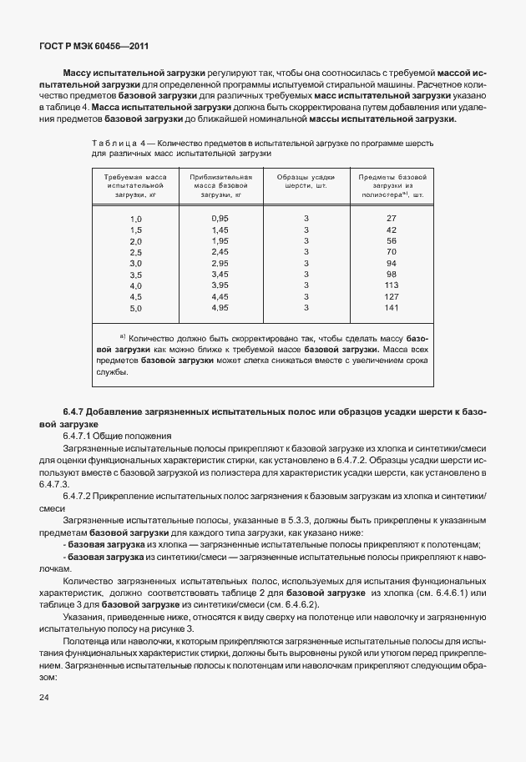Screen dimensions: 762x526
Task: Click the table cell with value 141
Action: click(x=391, y=307)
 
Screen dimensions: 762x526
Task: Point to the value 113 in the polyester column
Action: click(x=391, y=285)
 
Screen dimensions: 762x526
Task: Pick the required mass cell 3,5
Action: click(x=135, y=274)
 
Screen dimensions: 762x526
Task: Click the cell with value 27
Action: click(x=391, y=218)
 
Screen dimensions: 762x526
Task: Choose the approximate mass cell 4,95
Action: click(x=220, y=307)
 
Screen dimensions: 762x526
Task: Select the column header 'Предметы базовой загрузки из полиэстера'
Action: click(x=391, y=185)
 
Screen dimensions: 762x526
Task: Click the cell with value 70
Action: click(x=391, y=251)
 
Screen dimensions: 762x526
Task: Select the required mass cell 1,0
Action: click(x=135, y=218)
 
